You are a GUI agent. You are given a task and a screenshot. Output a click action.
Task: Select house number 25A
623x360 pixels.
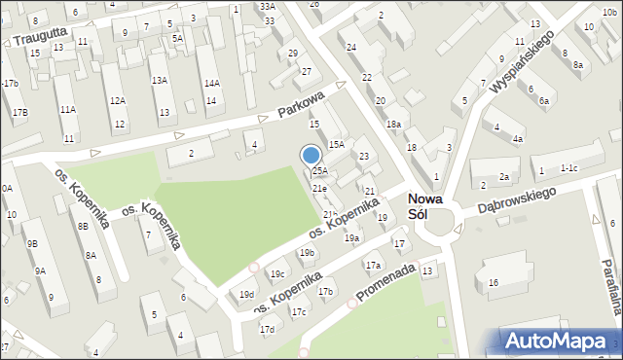(319, 171)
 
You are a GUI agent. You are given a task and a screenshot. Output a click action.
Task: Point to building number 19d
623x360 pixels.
(247, 294)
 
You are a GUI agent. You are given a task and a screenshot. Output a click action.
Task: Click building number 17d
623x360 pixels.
(267, 330)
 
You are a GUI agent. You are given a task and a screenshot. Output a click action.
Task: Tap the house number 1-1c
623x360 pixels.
(569, 168)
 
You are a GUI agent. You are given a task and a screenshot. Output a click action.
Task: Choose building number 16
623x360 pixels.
(494, 282)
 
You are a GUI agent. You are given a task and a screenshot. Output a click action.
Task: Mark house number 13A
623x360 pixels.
(160, 80)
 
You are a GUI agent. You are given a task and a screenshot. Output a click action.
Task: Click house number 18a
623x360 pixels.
(393, 125)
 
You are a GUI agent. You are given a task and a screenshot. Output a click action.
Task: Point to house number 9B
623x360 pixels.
(32, 243)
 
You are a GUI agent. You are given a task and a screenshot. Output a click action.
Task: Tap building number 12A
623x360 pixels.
(117, 100)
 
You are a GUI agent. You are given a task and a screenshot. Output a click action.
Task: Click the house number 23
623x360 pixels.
(363, 156)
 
